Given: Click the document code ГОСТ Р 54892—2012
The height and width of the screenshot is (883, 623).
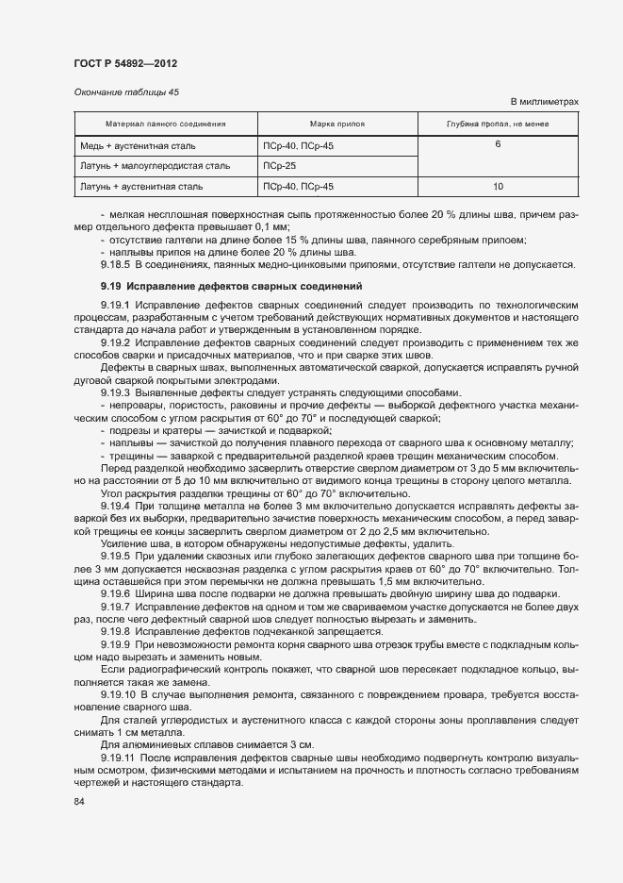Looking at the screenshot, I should click(124, 63).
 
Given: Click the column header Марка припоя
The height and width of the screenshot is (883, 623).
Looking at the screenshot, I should click(336, 124).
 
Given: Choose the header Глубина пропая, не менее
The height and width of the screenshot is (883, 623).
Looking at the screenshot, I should click(497, 124).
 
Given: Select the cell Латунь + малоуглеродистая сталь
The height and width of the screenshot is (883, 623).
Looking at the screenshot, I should click(156, 166).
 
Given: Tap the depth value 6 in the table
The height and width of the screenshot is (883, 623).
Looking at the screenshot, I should click(497, 145).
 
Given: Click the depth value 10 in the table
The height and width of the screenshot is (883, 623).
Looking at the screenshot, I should click(497, 187).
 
